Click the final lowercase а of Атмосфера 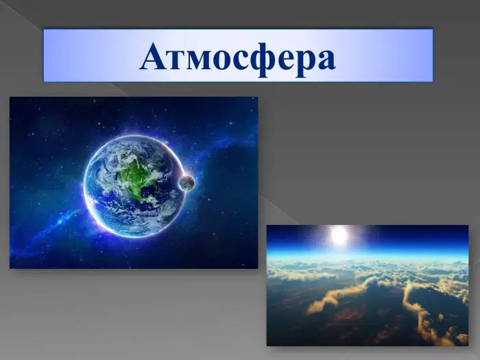point(326,60)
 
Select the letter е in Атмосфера point(287,60)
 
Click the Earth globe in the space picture point(134,186)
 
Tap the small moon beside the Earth point(187,183)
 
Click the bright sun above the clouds point(339,235)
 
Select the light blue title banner point(238,56)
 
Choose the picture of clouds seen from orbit point(368,286)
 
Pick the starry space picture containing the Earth point(134,183)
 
